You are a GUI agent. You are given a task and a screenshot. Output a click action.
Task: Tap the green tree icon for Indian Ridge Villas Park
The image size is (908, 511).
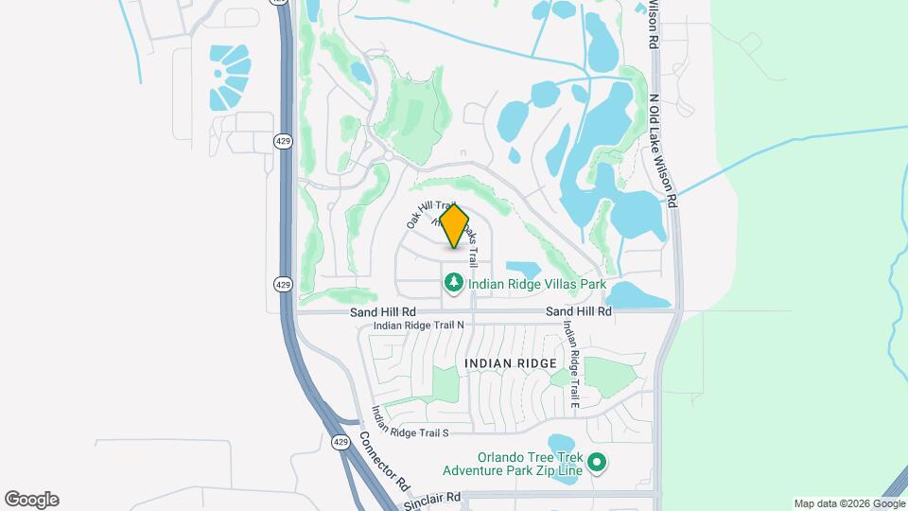[454, 282]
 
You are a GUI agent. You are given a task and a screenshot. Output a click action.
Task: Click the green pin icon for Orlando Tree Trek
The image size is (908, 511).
[597, 463]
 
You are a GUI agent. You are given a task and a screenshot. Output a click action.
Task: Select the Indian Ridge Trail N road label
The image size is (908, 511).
[419, 325]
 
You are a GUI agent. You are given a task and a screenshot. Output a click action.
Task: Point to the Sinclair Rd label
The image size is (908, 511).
[431, 497]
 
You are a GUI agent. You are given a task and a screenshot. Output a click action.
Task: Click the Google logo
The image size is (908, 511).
[31, 500]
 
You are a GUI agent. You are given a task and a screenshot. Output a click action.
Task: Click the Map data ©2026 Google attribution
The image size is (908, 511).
[847, 503]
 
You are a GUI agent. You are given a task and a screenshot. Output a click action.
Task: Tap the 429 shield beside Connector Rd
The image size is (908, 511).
[340, 441]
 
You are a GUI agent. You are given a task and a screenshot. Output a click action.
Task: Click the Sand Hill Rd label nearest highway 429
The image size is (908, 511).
[383, 310]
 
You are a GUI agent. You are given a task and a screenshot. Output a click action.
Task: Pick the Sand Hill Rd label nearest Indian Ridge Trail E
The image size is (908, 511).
[578, 310]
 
